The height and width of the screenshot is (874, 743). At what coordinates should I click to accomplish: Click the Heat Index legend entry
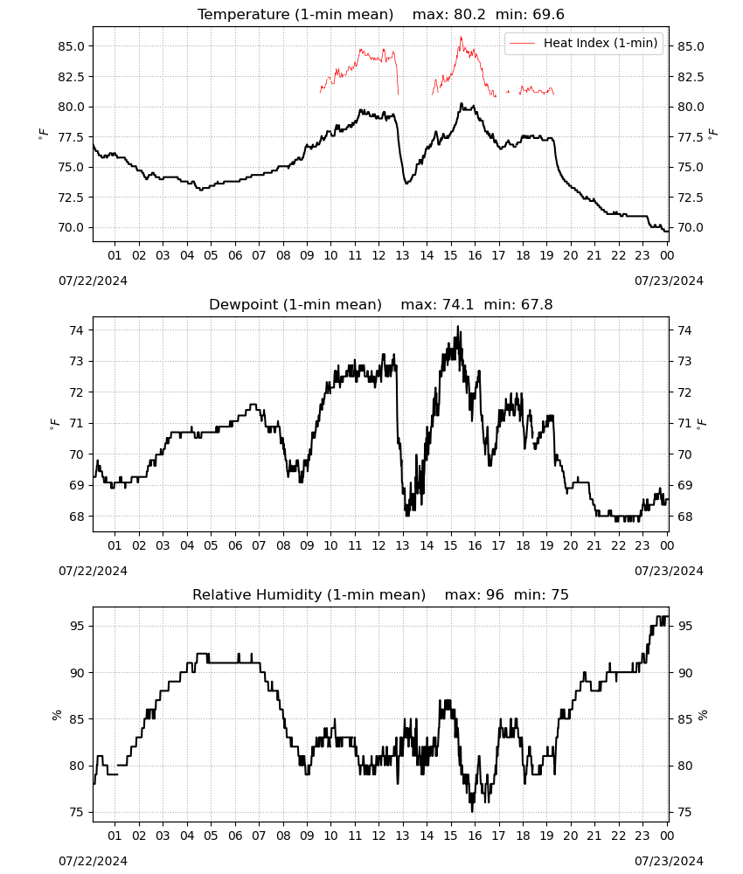[x=584, y=43]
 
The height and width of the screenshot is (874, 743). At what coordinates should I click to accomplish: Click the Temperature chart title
[x=381, y=14]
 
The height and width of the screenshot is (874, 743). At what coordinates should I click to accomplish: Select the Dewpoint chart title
[x=381, y=304]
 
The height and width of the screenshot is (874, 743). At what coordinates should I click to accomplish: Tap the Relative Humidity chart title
[x=381, y=594]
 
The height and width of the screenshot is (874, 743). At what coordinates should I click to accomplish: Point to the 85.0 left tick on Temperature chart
[x=72, y=46]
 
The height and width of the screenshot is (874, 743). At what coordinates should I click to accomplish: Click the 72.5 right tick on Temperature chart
[x=691, y=198]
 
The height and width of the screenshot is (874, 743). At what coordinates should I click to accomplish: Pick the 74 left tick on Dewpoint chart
[x=76, y=330]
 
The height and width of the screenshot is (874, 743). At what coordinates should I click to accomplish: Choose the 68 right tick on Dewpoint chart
[x=684, y=517]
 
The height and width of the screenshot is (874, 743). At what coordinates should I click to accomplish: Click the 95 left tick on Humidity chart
[x=76, y=626]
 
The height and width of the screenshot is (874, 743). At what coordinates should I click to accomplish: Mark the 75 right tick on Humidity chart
[x=684, y=812]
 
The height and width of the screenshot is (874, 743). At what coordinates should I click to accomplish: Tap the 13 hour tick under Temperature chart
[x=402, y=255]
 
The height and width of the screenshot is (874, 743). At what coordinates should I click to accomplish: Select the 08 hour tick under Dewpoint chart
[x=283, y=545]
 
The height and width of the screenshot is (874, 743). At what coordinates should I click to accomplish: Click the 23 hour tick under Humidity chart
[x=642, y=836]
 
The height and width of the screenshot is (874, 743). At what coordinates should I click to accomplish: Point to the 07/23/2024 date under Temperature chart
[x=669, y=281]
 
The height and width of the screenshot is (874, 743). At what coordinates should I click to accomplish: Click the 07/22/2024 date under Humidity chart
[x=93, y=861]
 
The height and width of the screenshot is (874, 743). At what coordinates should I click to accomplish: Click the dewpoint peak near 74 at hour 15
[x=458, y=327]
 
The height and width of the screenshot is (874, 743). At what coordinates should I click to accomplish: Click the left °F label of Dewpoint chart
[x=54, y=424]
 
